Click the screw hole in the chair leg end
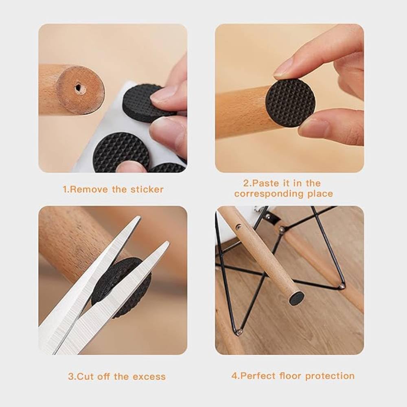click(x=77, y=87)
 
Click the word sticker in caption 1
click(x=147, y=189)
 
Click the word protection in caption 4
click(x=330, y=376)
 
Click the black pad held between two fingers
click(x=290, y=100)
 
